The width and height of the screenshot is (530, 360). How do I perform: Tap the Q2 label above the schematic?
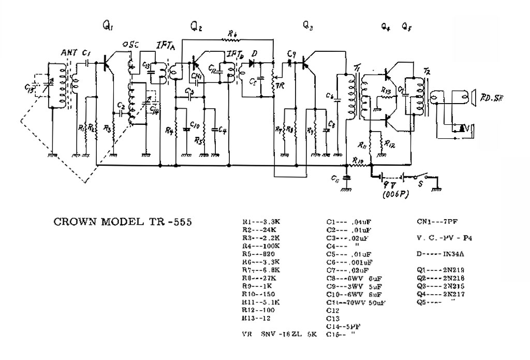(196, 25)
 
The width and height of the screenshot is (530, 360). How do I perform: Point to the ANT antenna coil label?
(68, 52)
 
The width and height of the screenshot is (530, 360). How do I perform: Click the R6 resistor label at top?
(232, 34)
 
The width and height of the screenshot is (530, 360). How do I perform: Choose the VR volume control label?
(279, 85)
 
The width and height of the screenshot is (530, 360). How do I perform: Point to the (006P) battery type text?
(395, 195)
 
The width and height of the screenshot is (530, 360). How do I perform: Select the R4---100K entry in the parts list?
(261, 245)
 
